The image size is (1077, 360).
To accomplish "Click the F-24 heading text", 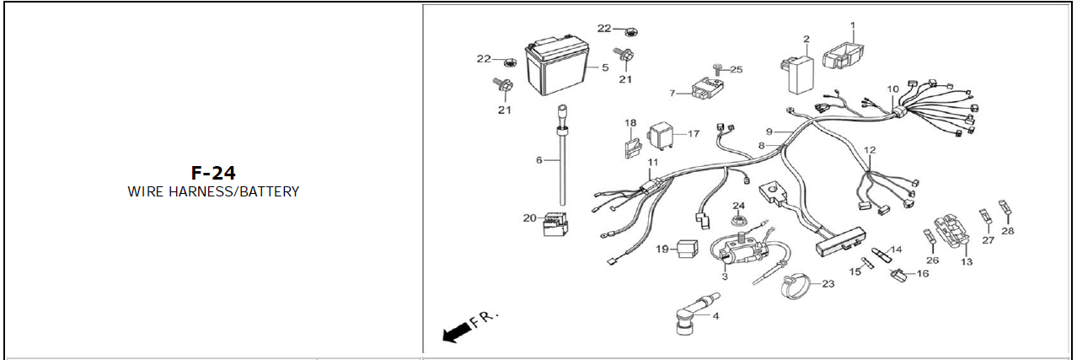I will [x=213, y=173].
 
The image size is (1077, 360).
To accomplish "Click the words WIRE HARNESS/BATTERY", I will [x=213, y=191].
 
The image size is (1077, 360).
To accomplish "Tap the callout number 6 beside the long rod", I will [x=539, y=159].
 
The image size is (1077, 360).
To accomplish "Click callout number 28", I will [x=1008, y=230].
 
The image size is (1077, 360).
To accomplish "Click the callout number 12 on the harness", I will [x=870, y=150].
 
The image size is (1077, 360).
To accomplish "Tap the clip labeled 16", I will [x=898, y=274].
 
